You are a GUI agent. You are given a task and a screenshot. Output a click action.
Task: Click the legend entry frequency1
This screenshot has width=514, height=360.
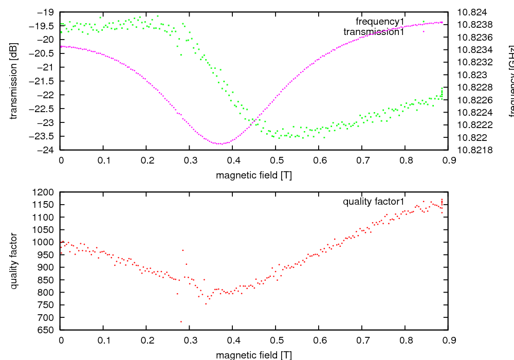click(x=380, y=22)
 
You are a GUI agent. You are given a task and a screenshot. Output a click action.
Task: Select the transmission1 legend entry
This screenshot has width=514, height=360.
click(x=374, y=32)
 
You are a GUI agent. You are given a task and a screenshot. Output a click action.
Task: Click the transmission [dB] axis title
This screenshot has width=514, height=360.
click(x=14, y=81)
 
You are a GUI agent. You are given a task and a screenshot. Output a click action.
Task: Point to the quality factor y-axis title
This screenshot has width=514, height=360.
click(x=14, y=261)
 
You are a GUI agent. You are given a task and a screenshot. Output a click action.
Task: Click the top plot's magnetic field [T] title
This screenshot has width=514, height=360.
click(x=254, y=175)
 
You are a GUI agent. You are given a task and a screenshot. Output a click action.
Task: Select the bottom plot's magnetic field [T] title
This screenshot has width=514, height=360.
click(x=254, y=355)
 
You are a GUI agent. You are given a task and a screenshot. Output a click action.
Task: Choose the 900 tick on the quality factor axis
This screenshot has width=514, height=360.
click(x=48, y=267)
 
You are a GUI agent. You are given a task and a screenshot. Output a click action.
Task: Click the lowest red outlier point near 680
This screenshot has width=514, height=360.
click(x=181, y=321)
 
